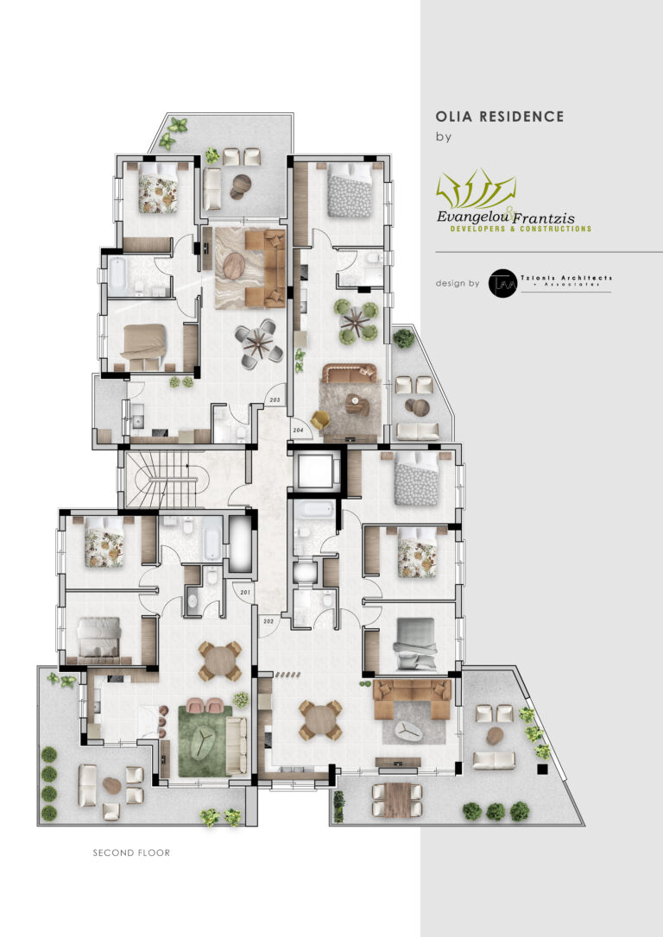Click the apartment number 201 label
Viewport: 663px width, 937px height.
tap(245, 592)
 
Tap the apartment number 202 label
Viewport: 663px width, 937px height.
tap(268, 621)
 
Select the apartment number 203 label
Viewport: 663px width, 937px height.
tap(275, 400)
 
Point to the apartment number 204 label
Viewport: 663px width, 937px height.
tap(299, 430)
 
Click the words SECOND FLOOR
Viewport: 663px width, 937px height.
tap(131, 852)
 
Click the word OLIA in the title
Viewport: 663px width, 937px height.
tap(454, 116)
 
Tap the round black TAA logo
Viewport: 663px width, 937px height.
tap(502, 283)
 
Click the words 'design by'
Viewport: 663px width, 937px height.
tap(458, 283)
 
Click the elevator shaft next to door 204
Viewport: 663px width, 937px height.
tap(313, 471)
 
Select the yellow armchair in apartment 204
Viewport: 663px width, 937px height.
tap(321, 420)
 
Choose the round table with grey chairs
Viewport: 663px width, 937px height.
tap(258, 340)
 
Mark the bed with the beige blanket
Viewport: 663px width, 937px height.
tap(143, 342)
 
